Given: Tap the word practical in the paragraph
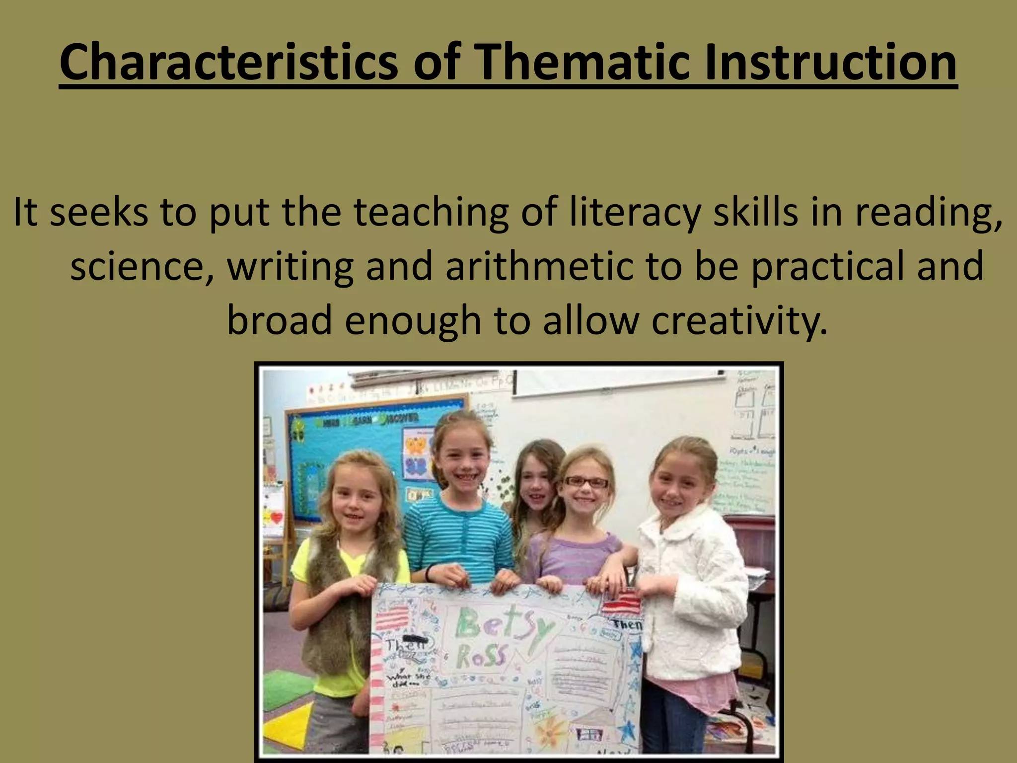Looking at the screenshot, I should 827,266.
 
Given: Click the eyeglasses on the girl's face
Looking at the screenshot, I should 585,482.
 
